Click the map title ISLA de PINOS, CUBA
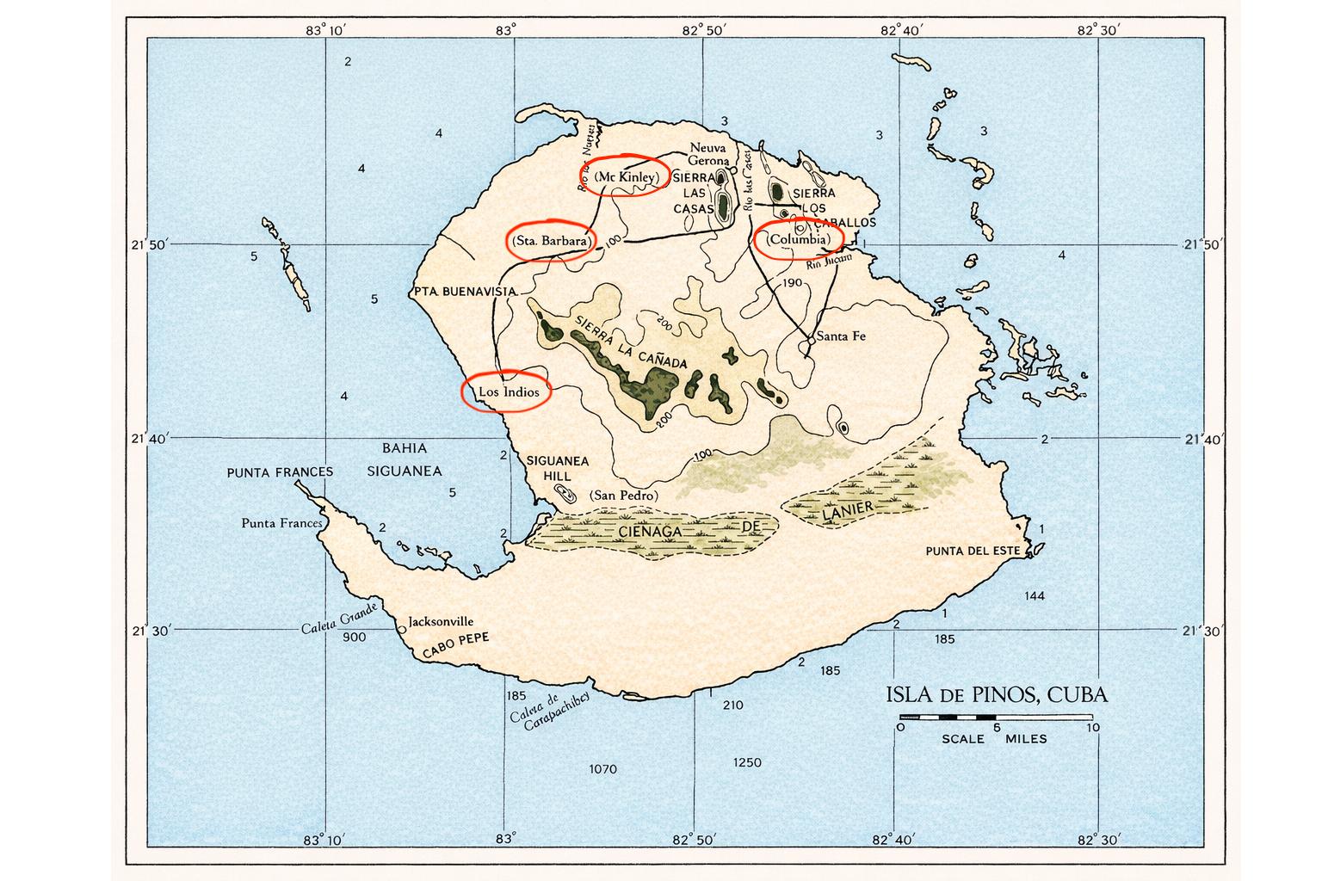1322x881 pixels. click(x=997, y=694)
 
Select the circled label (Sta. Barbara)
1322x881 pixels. click(x=551, y=241)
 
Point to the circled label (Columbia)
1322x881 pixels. click(x=799, y=239)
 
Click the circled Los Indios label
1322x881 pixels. click(x=509, y=392)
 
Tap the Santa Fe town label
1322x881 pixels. click(x=840, y=336)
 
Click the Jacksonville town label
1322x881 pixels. click(x=441, y=621)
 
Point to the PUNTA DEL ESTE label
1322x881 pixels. click(x=973, y=551)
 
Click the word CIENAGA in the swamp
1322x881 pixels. click(x=650, y=532)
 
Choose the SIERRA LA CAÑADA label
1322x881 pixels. click(x=630, y=342)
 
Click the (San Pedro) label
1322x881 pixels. click(x=623, y=496)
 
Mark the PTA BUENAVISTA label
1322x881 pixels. click(x=465, y=292)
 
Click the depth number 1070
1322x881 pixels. click(x=602, y=769)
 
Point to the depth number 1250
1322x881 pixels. click(x=747, y=762)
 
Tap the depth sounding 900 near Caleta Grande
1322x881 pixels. click(x=354, y=638)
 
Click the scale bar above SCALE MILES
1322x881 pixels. click(x=996, y=717)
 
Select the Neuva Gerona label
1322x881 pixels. click(x=708, y=154)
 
